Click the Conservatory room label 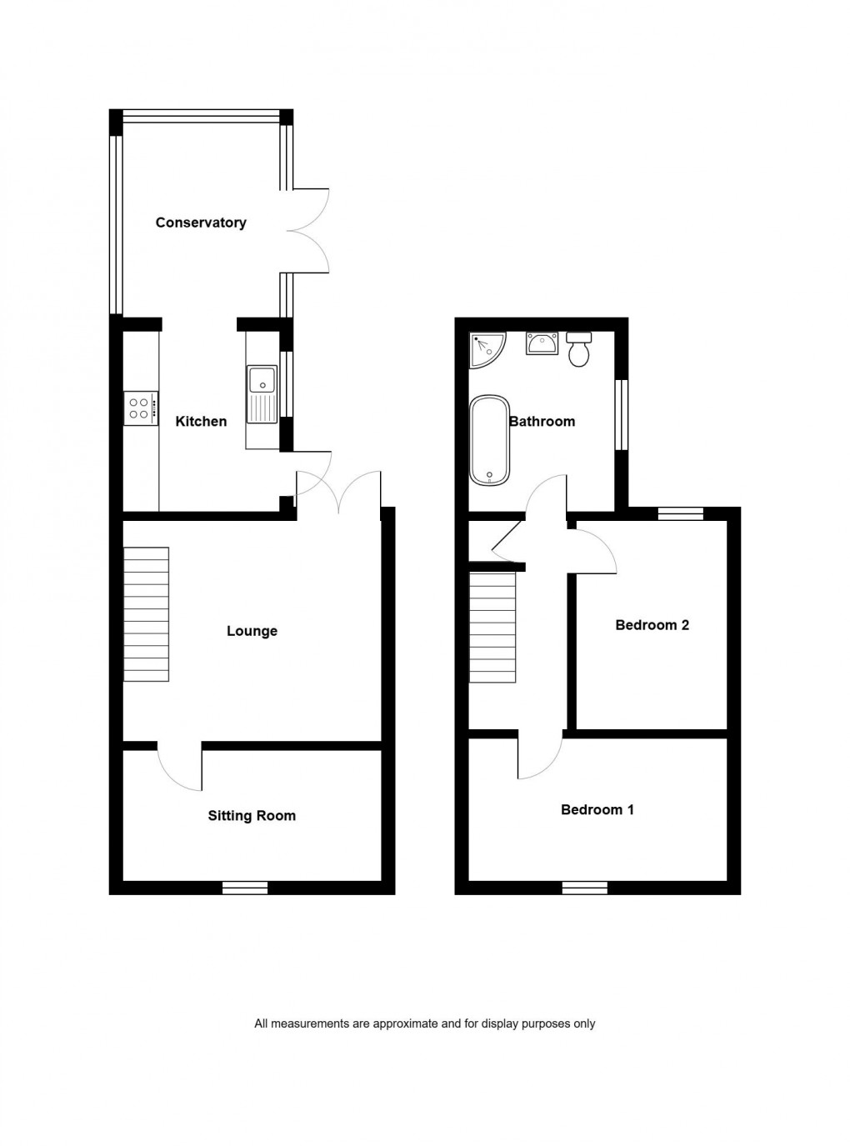pos(201,223)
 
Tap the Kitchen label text pos(201,422)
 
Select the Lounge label pos(252,631)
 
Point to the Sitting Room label pos(252,816)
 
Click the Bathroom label pos(542,422)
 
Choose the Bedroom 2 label pos(652,625)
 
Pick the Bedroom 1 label pos(597,809)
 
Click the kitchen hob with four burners pos(140,408)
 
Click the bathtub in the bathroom pos(489,440)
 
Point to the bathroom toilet pos(578,350)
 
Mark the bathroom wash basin pos(542,343)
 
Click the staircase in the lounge pos(147,613)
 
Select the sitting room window pos(245,888)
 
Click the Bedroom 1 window pos(584,888)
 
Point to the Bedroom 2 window pos(680,513)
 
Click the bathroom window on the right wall pos(622,415)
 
